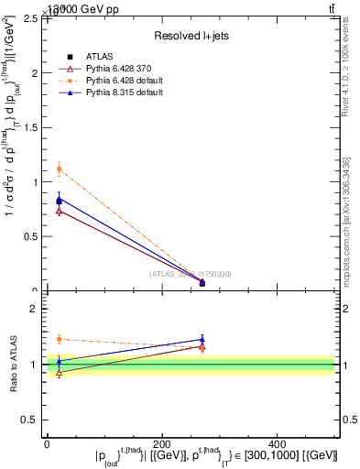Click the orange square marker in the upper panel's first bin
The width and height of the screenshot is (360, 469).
59,169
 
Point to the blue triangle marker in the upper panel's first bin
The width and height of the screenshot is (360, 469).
59,197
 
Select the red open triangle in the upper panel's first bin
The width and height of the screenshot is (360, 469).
59,211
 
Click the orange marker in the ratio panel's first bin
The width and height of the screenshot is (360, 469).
59,339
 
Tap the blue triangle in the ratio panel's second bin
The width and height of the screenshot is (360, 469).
202,339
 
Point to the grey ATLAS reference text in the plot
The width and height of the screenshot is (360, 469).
191,274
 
